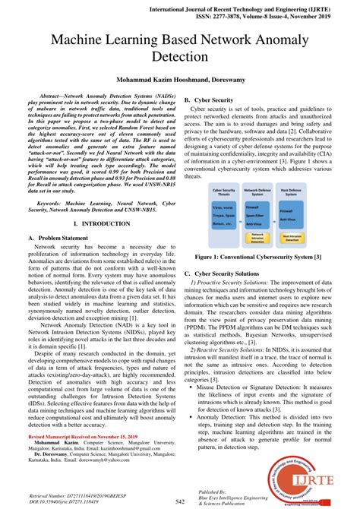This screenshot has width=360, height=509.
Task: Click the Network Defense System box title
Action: [259, 191]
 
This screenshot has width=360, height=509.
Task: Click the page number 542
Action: [180, 501]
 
